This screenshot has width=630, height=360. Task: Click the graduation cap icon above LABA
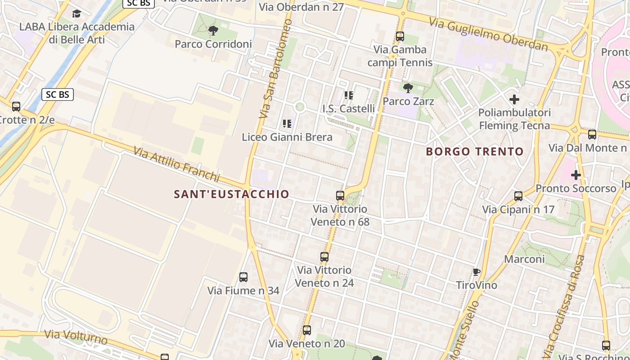tap(76, 13)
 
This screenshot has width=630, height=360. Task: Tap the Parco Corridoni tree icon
tap(213, 31)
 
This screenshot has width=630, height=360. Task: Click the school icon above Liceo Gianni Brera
tap(287, 124)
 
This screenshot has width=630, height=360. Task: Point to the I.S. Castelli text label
tap(349, 108)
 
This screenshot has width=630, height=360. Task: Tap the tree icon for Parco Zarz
tap(408, 87)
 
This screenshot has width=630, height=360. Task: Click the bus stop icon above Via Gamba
tap(400, 36)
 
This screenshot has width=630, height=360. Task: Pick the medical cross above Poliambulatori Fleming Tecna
tap(514, 99)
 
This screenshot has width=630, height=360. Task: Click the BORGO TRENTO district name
tap(475, 151)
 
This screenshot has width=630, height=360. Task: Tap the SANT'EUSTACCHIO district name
tap(232, 194)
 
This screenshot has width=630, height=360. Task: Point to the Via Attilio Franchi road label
tap(176, 163)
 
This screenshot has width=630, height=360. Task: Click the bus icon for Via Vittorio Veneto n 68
tap(340, 196)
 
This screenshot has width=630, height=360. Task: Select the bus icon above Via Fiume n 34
tap(243, 277)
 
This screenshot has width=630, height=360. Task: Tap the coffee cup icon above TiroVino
tap(477, 272)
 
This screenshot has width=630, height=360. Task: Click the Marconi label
tap(524, 259)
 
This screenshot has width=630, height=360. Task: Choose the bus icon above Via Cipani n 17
tap(518, 196)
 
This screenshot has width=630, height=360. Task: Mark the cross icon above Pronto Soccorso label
tap(576, 175)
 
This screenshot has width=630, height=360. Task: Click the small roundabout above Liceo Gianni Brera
tap(300, 107)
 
